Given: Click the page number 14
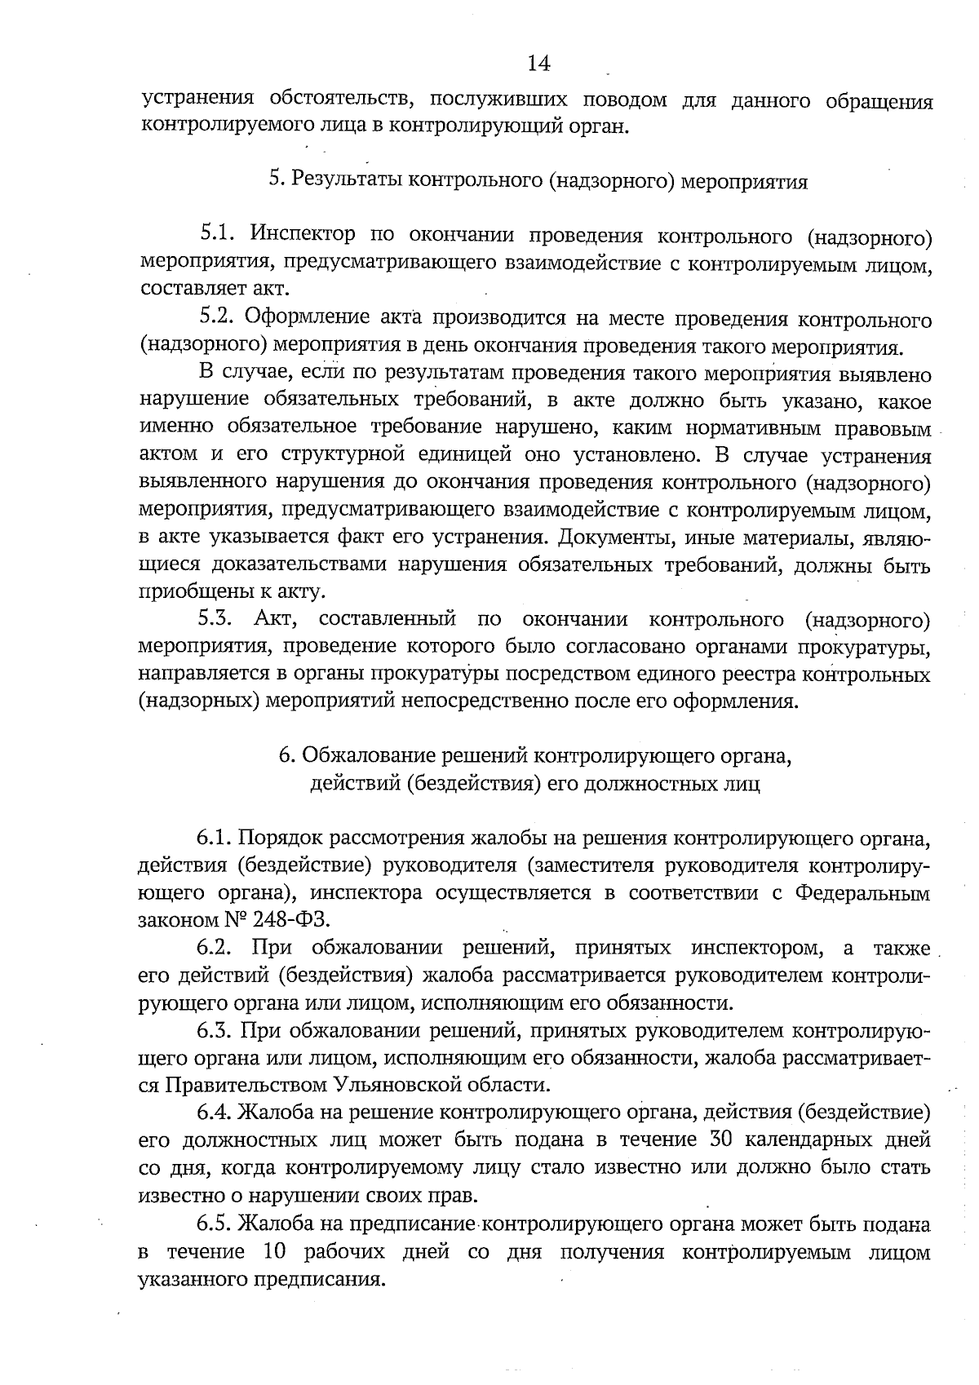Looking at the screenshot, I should coord(539,63).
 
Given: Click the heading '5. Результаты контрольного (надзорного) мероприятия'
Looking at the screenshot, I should coord(538,181).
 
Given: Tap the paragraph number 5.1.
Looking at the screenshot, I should coord(217,235).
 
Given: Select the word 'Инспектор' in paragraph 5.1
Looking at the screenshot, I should coord(303,235).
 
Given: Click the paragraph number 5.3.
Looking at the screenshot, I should coord(217,619).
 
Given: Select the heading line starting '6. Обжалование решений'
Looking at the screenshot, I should coord(535,755).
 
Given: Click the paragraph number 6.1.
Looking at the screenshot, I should coord(215,838).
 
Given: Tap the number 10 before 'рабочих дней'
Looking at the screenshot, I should coord(276,1251).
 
